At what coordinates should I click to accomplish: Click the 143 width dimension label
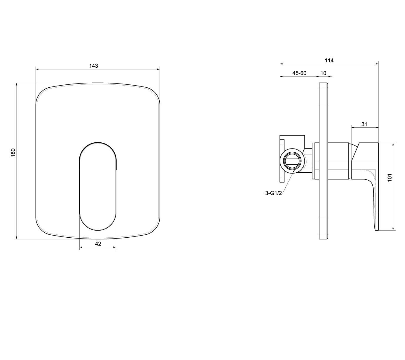[93, 66]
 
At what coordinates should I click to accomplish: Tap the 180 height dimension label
[13, 152]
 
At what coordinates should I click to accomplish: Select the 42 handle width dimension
[98, 244]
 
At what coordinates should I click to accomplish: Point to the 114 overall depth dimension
[329, 60]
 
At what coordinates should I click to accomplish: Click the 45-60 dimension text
[299, 73]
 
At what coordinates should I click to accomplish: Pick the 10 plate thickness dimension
[323, 73]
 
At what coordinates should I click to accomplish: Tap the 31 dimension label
[364, 124]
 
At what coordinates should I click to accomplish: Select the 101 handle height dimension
[390, 177]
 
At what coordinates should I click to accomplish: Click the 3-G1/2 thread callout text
[273, 193]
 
